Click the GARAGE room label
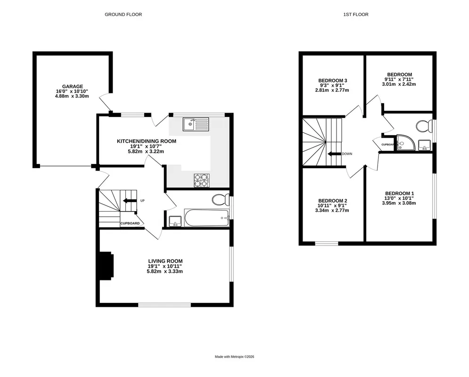[73, 87]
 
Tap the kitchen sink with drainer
[196, 124]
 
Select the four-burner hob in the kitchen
[202, 180]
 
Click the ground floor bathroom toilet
[221, 199]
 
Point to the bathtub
[206, 218]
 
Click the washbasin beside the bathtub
[175, 221]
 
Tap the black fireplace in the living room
[107, 265]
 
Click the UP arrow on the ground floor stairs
[129, 200]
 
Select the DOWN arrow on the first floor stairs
[334, 154]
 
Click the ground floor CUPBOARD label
[130, 223]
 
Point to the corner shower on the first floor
[406, 142]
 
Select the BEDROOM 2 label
[333, 201]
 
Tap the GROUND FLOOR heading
[123, 14]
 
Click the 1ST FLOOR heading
[356, 14]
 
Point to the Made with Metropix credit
[235, 357]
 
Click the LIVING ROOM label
[165, 261]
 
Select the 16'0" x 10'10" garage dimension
[73, 91]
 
